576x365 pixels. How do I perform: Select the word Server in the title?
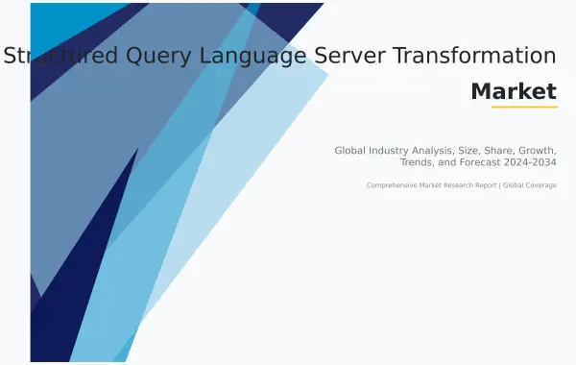tap(366, 56)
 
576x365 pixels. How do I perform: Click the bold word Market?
tap(514, 91)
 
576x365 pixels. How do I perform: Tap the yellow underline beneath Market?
tap(524, 107)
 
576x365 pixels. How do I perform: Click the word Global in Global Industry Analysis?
tap(353, 151)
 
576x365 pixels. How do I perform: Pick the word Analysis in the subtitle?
tap(454, 151)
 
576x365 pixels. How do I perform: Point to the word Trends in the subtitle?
tap(419, 162)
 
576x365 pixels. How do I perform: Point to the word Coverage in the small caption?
tap(540, 184)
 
